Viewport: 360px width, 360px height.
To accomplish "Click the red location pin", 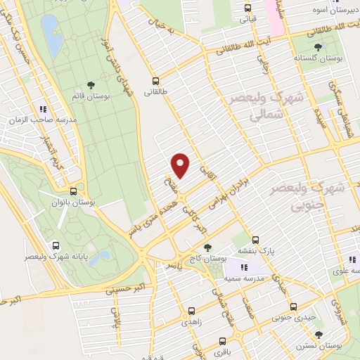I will pyautogui.click(x=181, y=165).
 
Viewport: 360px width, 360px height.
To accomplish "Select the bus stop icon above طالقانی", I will pyautogui.click(x=155, y=79).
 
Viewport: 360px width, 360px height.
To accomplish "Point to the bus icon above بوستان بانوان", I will pyautogui.click(x=74, y=191).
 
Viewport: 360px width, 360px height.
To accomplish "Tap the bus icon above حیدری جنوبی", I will pyautogui.click(x=294, y=306).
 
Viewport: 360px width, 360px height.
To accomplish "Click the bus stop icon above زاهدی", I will pyautogui.click(x=191, y=309).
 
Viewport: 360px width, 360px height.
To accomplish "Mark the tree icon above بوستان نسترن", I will pyautogui.click(x=319, y=335).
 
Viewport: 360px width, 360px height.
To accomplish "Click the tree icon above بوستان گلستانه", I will pyautogui.click(x=319, y=45).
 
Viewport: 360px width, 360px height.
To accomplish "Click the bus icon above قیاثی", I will pyautogui.click(x=247, y=8).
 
